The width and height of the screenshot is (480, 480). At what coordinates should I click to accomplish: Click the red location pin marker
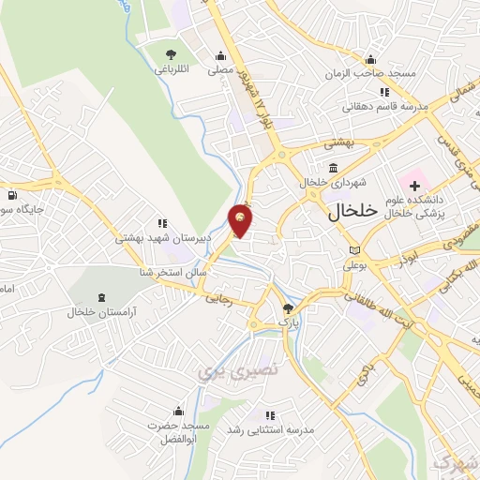[x=241, y=220]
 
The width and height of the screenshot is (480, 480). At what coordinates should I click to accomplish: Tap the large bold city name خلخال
[x=352, y=212]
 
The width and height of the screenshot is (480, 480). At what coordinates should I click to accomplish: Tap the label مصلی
[x=219, y=68]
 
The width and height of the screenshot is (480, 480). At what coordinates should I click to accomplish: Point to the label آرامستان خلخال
[x=102, y=309]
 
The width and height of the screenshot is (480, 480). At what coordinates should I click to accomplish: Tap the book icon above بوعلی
[x=353, y=250]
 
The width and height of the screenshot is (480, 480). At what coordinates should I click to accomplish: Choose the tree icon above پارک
[x=288, y=308]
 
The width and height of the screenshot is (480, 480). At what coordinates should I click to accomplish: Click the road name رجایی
[x=217, y=299]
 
